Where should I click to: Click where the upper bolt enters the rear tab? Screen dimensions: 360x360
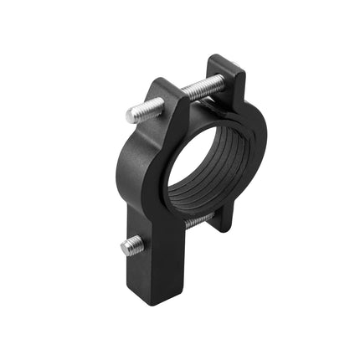click(x=220, y=81)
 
